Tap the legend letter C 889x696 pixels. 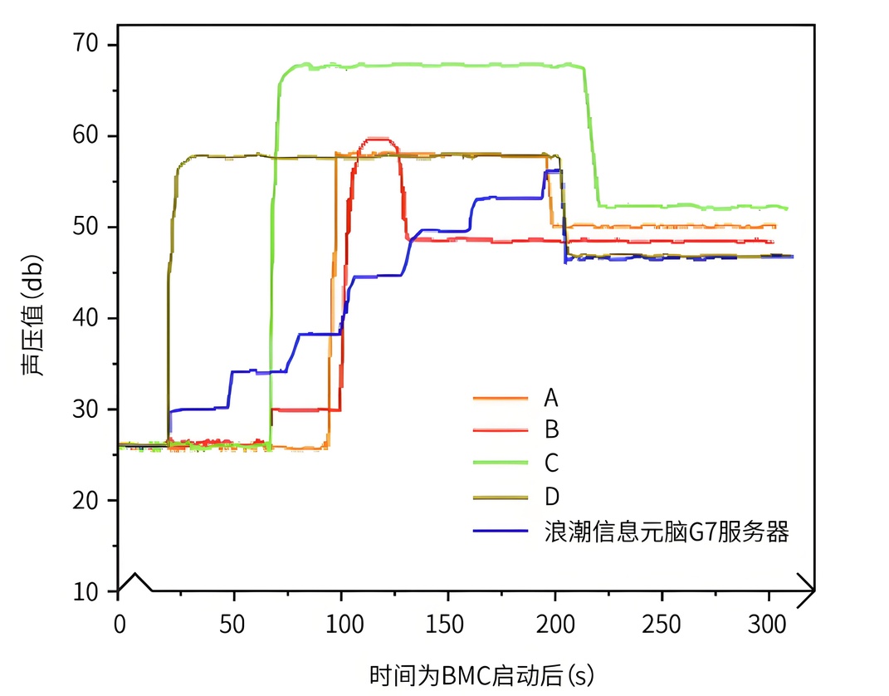point(551,462)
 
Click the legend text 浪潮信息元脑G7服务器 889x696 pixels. point(666,532)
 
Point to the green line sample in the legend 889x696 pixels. point(500,463)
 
